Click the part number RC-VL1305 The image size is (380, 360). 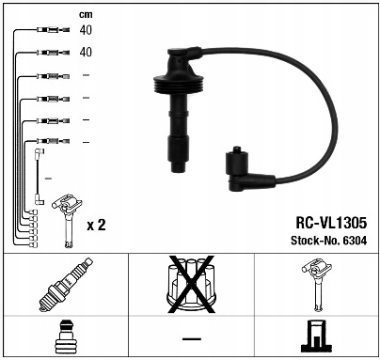click(331, 223)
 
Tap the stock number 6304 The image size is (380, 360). click(355, 241)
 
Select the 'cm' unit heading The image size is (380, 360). click(86, 14)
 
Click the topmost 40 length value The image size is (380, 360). click(86, 30)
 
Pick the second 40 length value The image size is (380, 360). click(86, 52)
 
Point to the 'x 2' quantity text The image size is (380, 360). click(96, 225)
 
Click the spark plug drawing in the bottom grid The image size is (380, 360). click(66, 285)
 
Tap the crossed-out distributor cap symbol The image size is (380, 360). click(191, 284)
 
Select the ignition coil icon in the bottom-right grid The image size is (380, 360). click(317, 285)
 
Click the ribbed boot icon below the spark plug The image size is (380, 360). click(66, 337)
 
